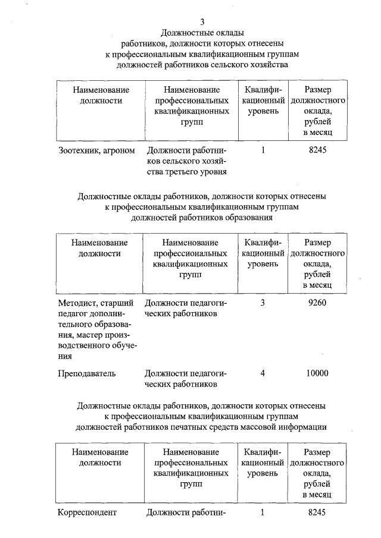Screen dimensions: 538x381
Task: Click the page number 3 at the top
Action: pyautogui.click(x=202, y=21)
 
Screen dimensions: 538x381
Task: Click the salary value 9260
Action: pyautogui.click(x=318, y=303)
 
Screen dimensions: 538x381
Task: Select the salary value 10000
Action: pyautogui.click(x=318, y=373)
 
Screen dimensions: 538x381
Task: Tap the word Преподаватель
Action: pyautogui.click(x=87, y=373)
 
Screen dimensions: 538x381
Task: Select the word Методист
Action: pyautogui.click(x=78, y=303)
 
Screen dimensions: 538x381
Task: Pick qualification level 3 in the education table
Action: pyautogui.click(x=263, y=303)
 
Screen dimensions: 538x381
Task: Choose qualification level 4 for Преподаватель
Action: pyautogui.click(x=263, y=373)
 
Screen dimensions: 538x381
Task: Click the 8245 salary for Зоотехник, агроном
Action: pyautogui.click(x=318, y=150)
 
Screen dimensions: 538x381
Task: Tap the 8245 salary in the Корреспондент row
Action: pyautogui.click(x=318, y=512)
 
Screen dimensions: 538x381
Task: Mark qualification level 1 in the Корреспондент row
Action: pyautogui.click(x=263, y=512)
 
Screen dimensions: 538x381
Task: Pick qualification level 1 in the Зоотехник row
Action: pyautogui.click(x=263, y=150)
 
